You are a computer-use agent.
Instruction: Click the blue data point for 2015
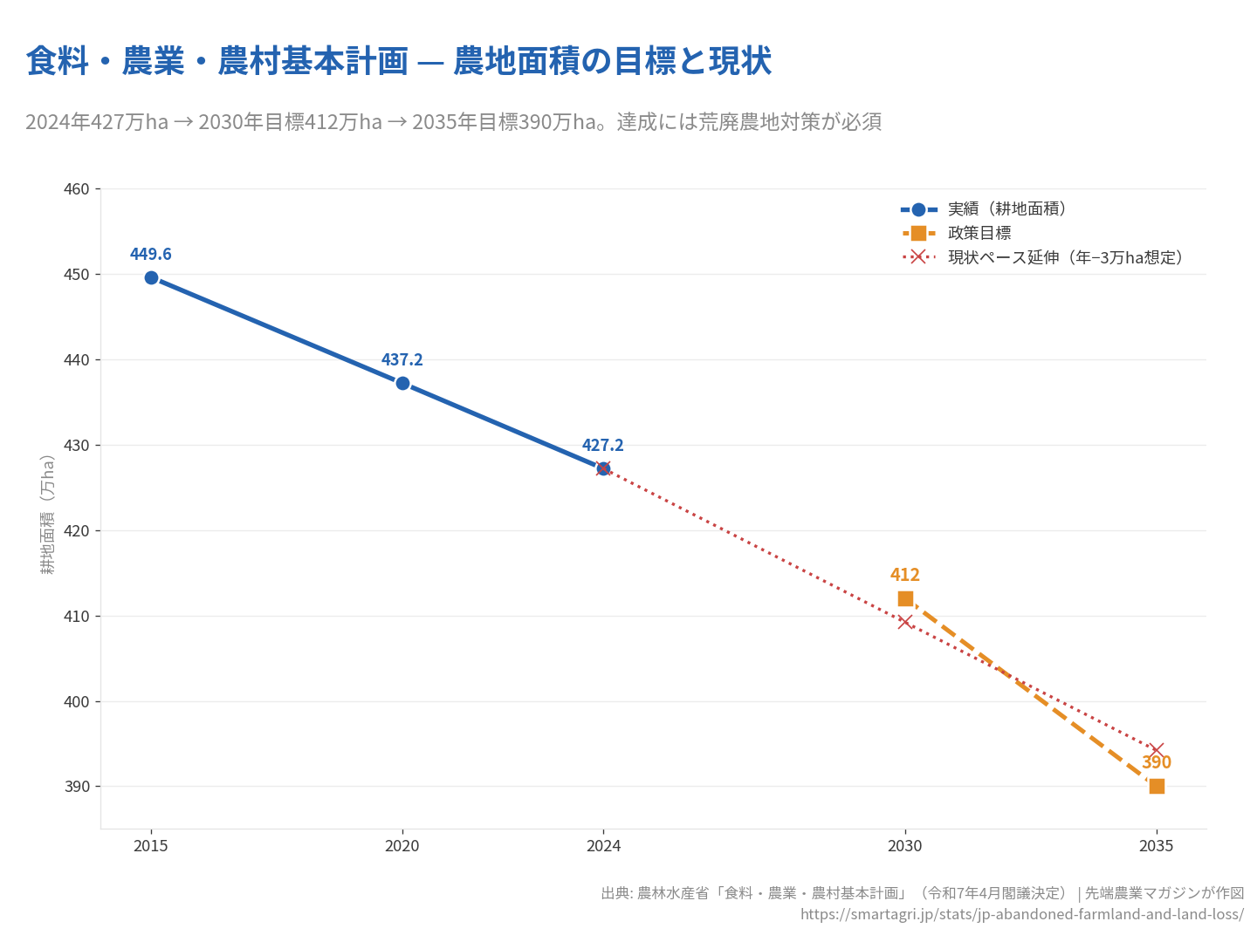(151, 277)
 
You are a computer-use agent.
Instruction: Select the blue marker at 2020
(402, 383)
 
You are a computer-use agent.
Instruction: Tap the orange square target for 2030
(905, 598)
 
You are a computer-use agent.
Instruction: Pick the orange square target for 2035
(1157, 786)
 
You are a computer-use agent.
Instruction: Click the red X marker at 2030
(905, 622)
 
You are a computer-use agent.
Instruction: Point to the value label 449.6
(151, 254)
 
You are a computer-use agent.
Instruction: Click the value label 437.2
(402, 359)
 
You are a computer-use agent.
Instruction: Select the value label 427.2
(603, 445)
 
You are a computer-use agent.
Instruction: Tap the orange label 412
(905, 575)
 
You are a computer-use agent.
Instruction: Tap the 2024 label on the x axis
(603, 846)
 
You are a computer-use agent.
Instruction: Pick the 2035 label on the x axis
(1157, 846)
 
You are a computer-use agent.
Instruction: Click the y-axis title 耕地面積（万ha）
(48, 515)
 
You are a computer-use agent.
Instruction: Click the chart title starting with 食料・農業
(399, 61)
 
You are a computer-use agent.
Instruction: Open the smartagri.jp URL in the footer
(1021, 914)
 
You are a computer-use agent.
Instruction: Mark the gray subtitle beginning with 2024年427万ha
(453, 122)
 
